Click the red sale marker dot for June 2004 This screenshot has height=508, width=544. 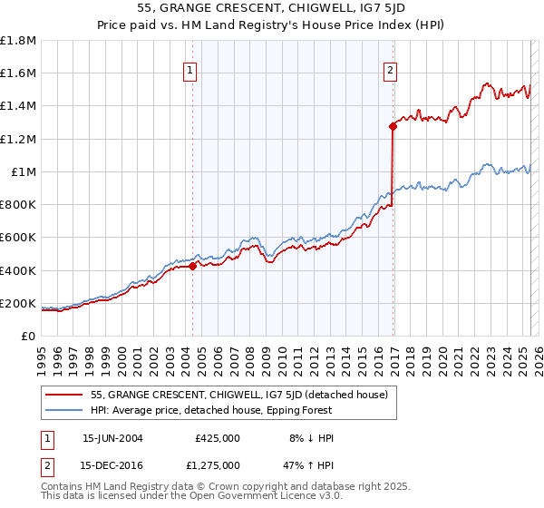coord(193,266)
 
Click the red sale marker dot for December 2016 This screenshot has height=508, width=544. coord(393,127)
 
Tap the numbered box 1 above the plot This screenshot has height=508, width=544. coord(190,73)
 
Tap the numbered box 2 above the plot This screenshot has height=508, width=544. coord(390,73)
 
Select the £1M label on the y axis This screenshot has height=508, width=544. coord(24,171)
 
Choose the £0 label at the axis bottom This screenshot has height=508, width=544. coord(29,336)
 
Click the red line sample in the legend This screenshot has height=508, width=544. coord(64,395)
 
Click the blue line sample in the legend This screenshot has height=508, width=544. coord(64,410)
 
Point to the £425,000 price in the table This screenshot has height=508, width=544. coord(218,438)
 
